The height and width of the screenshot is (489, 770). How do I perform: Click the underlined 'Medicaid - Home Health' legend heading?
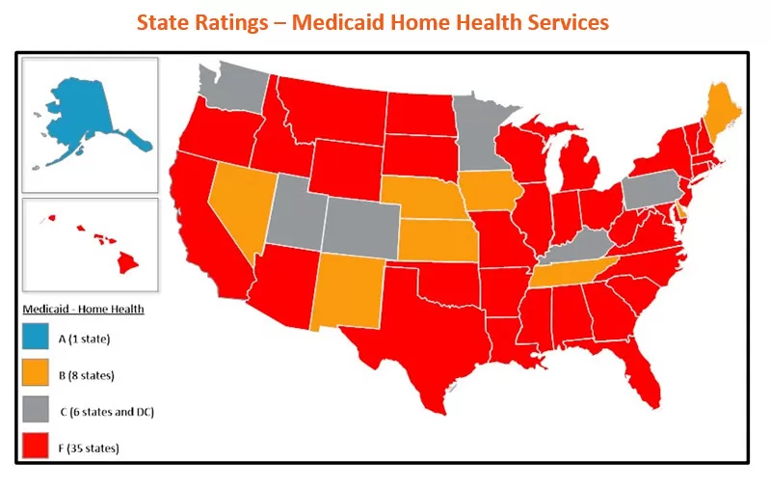point(83,309)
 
